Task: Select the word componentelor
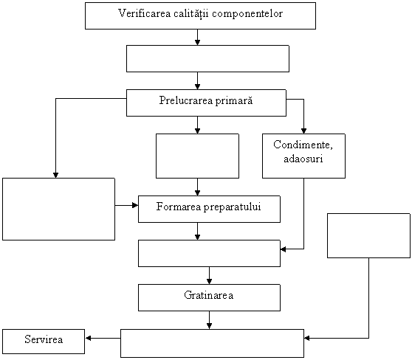[247, 14]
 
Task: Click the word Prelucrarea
[186, 100]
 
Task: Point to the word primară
[234, 101]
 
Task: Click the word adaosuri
[303, 159]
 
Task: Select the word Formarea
[179, 207]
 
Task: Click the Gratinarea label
[209, 295]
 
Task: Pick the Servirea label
[44, 339]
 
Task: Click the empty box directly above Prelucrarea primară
[207, 58]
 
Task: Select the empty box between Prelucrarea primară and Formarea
[198, 156]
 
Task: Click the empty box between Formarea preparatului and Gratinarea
[210, 253]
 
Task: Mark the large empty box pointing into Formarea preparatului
[59, 209]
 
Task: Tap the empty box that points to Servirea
[213, 343]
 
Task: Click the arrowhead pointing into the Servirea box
[89, 338]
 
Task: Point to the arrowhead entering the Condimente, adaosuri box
[303, 131]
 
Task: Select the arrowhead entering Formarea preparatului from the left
[135, 205]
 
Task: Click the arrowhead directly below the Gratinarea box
[209, 326]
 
